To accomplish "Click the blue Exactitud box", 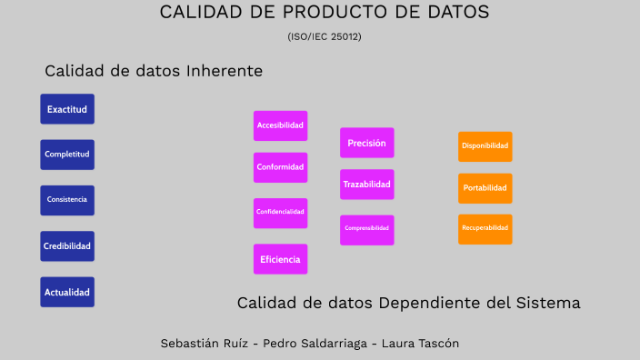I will [x=67, y=109].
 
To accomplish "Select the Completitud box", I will [x=67, y=155].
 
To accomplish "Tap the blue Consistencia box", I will [x=67, y=200].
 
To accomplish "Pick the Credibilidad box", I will [x=67, y=246].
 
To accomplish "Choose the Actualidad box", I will [x=67, y=293].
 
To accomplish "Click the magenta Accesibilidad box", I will [x=280, y=125].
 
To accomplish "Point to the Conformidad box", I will [x=280, y=167].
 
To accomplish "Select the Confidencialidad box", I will [x=280, y=212].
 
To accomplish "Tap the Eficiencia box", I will [x=280, y=259].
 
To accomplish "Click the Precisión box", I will [x=367, y=143].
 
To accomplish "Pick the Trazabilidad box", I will [x=367, y=185].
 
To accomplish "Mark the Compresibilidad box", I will [x=367, y=229].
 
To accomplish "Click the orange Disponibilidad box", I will [x=485, y=146].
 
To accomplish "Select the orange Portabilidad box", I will [x=485, y=188].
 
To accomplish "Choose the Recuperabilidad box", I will [x=485, y=229].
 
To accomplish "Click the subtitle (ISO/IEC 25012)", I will [x=325, y=36].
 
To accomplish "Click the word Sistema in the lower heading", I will [x=549, y=303].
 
